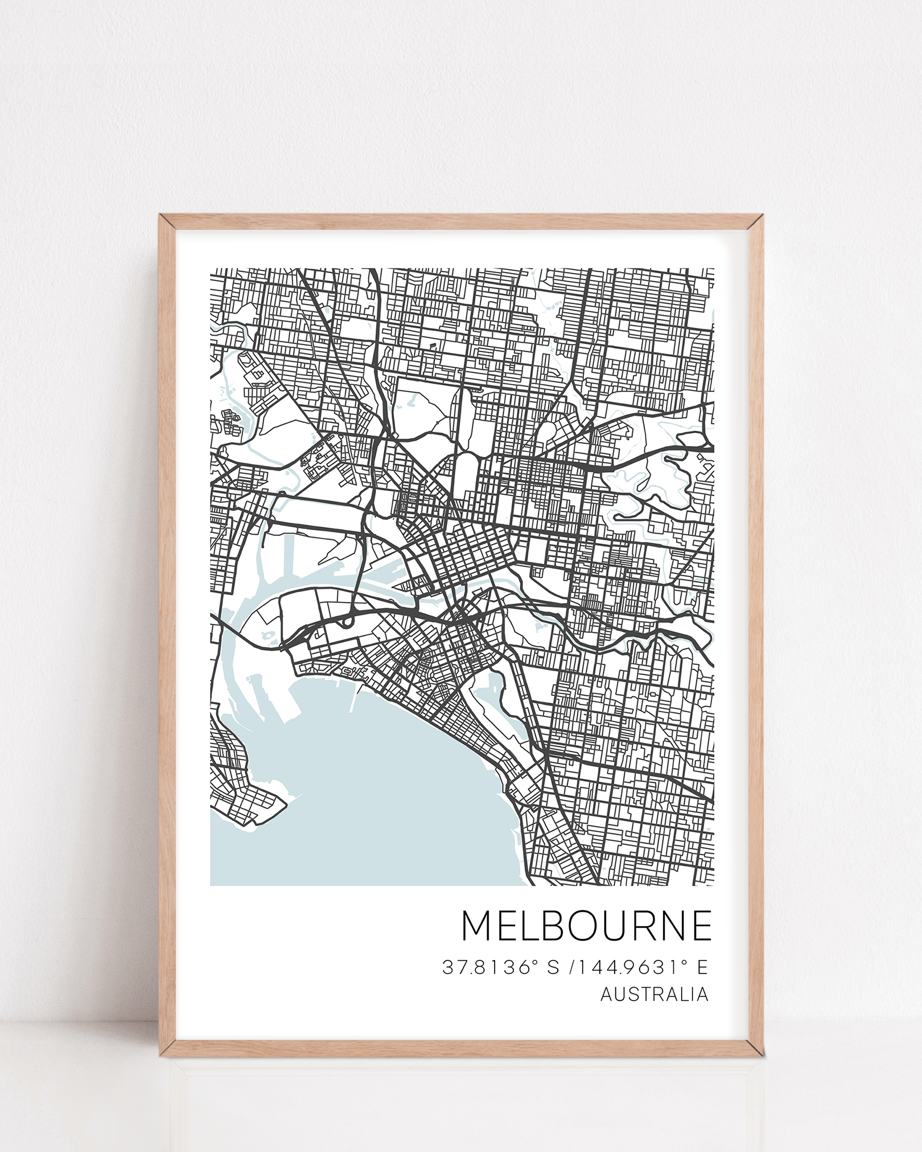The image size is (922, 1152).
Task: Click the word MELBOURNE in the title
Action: (x=586, y=941)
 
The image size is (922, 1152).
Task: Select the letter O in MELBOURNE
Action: (x=588, y=941)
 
